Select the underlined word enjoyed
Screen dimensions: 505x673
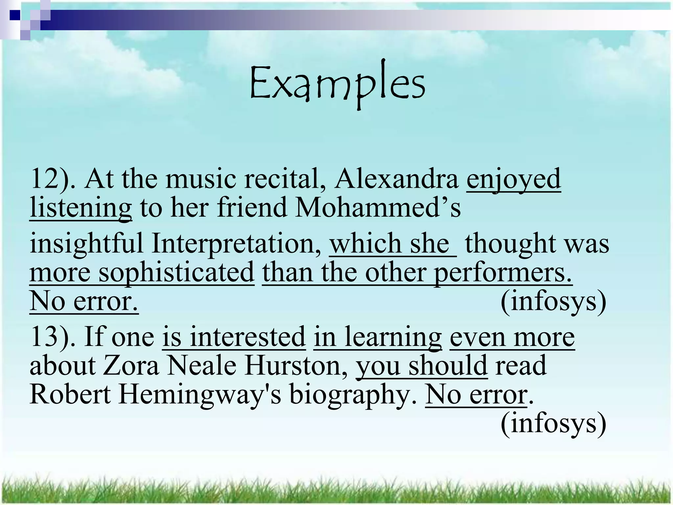pos(514,179)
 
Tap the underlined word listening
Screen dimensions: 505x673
pos(81,208)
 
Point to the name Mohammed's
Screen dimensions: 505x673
pos(378,208)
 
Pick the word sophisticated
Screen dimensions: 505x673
pos(176,273)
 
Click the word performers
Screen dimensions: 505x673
pos(503,273)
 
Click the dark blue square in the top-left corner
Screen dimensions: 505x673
pos(15,15)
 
